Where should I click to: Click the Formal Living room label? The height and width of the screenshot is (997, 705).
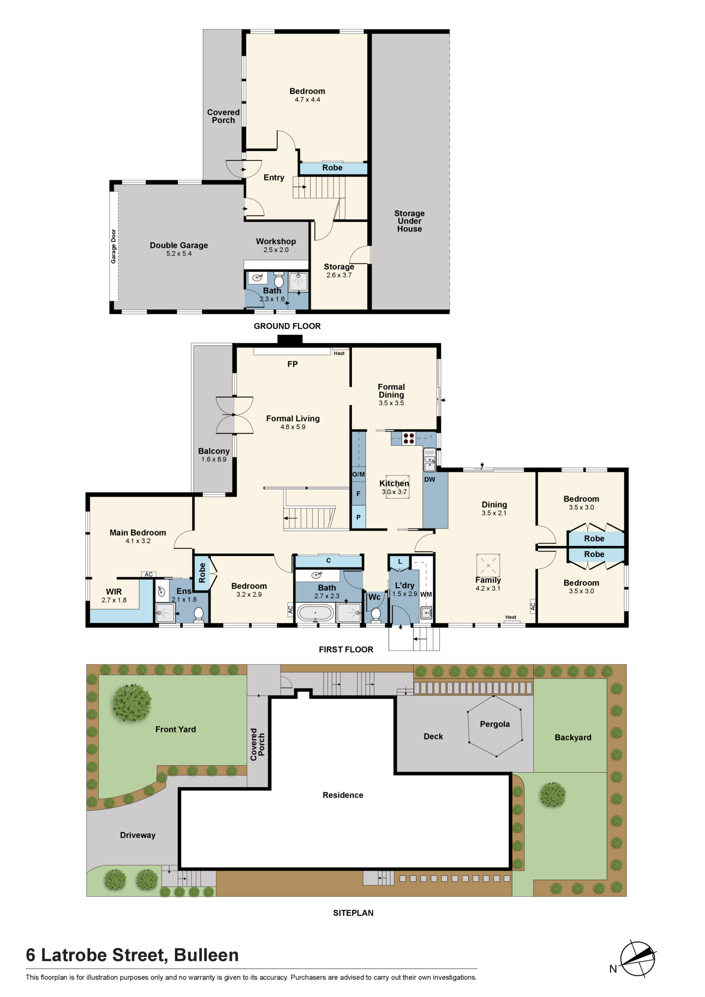click(x=293, y=419)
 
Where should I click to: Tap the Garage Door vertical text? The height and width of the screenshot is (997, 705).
click(x=114, y=246)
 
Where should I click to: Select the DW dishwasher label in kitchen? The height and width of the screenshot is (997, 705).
click(x=429, y=480)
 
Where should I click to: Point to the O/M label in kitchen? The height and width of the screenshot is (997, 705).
click(x=358, y=474)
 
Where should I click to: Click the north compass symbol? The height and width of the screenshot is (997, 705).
click(x=637, y=959)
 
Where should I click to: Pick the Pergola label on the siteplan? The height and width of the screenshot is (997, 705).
click(x=495, y=724)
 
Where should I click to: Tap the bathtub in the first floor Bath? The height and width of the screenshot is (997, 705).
click(x=315, y=613)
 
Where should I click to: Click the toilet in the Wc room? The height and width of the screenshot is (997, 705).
click(x=376, y=614)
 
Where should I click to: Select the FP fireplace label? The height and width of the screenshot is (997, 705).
click(x=293, y=364)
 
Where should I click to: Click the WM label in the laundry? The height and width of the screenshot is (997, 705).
click(x=426, y=594)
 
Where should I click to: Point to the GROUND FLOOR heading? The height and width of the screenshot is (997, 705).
click(x=287, y=326)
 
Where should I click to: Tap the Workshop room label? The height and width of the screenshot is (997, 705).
click(x=276, y=241)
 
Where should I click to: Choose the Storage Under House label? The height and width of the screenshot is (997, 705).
click(x=409, y=221)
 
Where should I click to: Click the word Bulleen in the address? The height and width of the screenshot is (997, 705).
click(x=206, y=955)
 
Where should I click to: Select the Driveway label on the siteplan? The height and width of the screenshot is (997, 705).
click(x=138, y=835)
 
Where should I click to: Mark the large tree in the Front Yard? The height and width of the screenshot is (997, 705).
click(x=132, y=703)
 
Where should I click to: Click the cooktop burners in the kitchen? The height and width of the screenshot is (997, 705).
click(x=409, y=439)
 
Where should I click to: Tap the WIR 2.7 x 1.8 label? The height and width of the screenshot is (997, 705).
click(x=114, y=595)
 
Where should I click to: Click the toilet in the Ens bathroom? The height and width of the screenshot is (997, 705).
click(x=198, y=614)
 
